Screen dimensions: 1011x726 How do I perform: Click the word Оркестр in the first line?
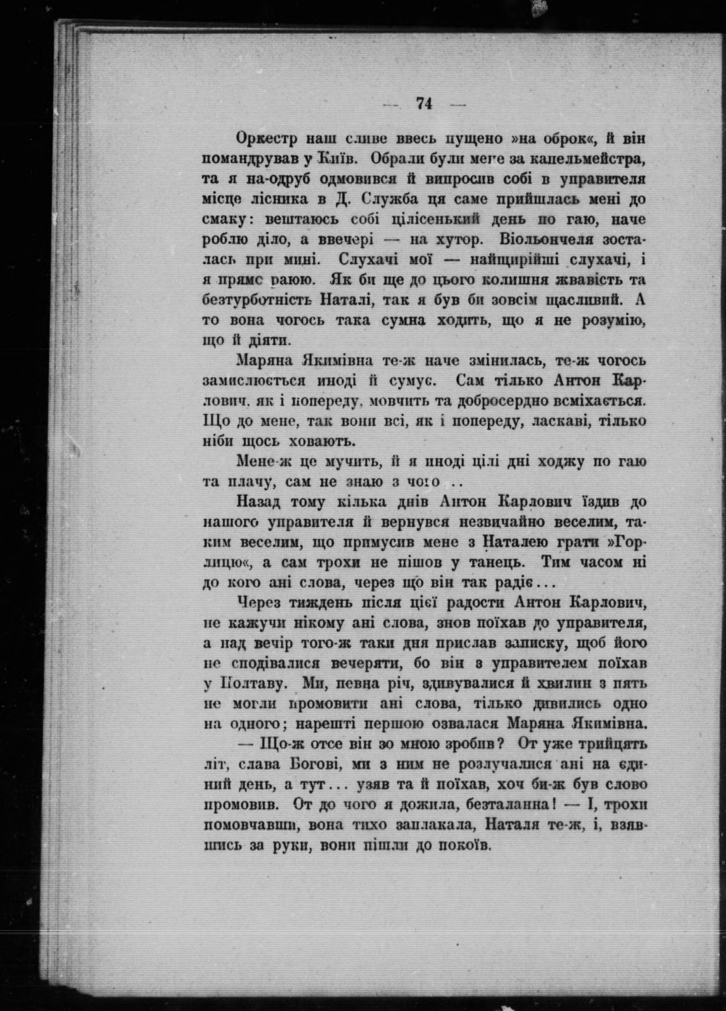(x=266, y=139)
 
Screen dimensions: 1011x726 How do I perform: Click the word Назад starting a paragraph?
(x=260, y=502)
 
